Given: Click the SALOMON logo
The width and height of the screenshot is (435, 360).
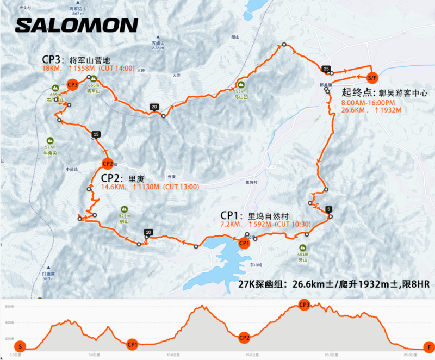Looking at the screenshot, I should [x=77, y=25].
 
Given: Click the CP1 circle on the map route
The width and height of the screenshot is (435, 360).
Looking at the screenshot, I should [x=244, y=243].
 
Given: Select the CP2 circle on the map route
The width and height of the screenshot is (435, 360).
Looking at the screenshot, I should [x=107, y=164].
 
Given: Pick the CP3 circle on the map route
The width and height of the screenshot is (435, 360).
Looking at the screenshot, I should [x=72, y=84].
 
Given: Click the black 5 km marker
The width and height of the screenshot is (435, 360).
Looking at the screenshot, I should [x=328, y=209].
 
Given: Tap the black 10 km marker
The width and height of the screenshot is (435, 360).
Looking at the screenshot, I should [x=148, y=233].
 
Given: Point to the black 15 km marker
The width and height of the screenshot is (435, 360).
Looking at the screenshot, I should [x=96, y=134].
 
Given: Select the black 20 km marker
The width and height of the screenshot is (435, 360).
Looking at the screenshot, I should [x=154, y=107].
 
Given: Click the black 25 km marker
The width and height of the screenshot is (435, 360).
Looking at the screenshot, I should [x=326, y=69].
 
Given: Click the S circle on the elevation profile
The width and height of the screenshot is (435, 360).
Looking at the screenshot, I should [x=21, y=346].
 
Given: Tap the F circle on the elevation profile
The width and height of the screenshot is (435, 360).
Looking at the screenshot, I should [x=429, y=346].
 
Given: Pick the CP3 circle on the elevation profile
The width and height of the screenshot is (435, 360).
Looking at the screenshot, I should [x=304, y=305].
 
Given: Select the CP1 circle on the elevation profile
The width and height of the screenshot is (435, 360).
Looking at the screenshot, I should [x=132, y=344].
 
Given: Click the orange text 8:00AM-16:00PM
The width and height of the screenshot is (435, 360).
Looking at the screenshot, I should [x=368, y=103].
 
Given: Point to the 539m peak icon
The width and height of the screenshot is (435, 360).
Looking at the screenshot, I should [x=240, y=84].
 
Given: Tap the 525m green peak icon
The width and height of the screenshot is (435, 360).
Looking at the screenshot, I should [x=123, y=209].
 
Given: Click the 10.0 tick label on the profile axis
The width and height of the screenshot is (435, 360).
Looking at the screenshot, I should [x=173, y=355].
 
